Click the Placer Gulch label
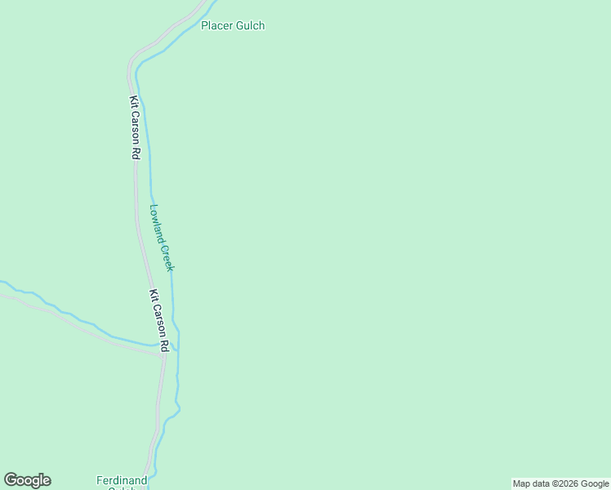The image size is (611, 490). pos(233,25)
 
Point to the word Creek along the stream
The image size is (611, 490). pos(168,258)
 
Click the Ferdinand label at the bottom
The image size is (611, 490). pos(121,480)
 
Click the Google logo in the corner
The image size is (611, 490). pos(28,480)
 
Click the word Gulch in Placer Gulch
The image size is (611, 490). pos(250,25)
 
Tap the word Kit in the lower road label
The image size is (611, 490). pos(153,296)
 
